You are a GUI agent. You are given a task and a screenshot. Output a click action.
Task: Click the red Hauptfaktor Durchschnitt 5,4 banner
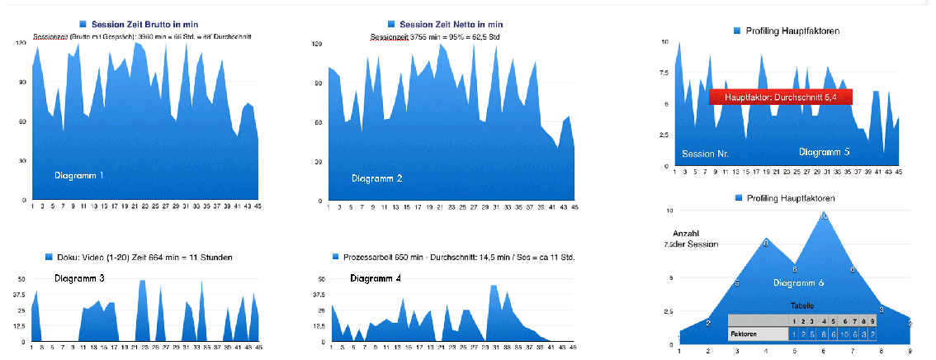coord(780,97)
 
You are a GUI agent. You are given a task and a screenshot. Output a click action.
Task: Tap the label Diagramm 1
coord(79,176)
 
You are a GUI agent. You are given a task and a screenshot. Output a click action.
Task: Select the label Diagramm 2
coord(376,179)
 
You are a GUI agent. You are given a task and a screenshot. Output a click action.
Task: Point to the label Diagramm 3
coord(79,278)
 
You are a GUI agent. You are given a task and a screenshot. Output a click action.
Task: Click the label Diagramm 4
coord(376,277)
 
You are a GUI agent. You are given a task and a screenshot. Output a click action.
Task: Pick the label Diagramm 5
coord(824,152)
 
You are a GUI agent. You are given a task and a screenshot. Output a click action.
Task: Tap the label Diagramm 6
coord(798,283)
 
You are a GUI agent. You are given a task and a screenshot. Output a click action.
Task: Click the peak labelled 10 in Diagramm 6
coord(823,216)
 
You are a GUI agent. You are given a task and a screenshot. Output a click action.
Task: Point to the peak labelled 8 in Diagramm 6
coord(766,243)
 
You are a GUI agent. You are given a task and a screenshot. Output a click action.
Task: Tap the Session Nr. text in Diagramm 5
coord(705,154)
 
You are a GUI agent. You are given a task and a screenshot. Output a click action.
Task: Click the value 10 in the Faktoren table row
coord(844,334)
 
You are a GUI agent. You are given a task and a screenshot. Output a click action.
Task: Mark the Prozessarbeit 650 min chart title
coord(458,258)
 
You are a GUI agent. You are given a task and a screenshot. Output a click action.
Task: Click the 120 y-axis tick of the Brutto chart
coord(21,43)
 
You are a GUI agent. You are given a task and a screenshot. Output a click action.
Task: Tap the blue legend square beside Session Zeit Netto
coord(391,25)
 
